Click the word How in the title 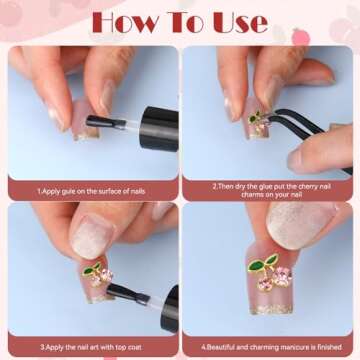125,23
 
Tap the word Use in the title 241,23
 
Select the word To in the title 186,23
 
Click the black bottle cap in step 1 159,129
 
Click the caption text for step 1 91,192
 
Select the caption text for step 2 271,190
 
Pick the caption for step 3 91,347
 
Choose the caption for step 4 271,347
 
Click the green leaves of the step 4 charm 262,263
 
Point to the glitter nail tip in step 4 272,309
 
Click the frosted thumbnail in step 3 93,236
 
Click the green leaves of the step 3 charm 91,269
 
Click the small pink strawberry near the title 301,37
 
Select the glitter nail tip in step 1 86,135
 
